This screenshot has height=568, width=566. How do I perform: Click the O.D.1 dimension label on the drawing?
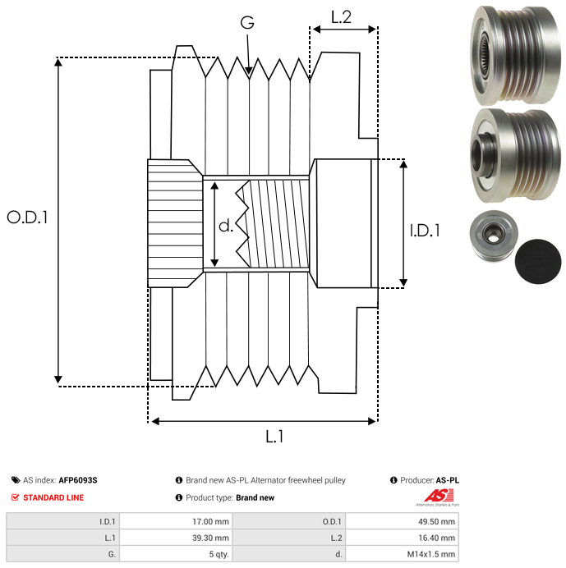(x=28, y=218)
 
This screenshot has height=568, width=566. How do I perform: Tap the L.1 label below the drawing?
(x=274, y=437)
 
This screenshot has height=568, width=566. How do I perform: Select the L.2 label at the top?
(x=342, y=16)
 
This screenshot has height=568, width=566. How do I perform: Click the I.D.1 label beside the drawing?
(x=425, y=231)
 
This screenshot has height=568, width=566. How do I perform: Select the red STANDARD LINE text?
(x=53, y=497)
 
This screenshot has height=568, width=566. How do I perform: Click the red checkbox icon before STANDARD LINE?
(x=16, y=497)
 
